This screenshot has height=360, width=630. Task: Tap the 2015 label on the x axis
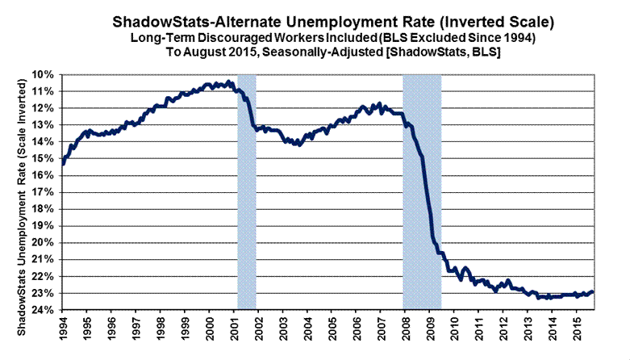[x=578, y=331]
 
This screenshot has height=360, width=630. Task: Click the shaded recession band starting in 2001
[x=247, y=194]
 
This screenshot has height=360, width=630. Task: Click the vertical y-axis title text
[x=23, y=192]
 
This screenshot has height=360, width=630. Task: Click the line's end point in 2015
[x=593, y=292]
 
